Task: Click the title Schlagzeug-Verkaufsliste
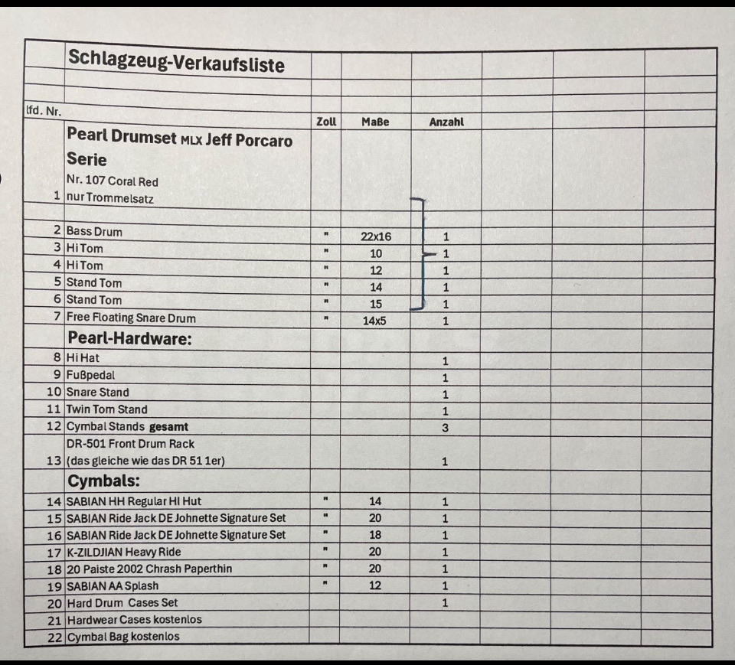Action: (x=175, y=60)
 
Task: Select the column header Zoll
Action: (x=326, y=122)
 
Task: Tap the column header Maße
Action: (x=375, y=122)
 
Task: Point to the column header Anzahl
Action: (x=446, y=122)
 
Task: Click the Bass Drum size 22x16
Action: (x=376, y=236)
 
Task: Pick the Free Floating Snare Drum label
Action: (x=131, y=318)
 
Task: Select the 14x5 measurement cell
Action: (x=374, y=321)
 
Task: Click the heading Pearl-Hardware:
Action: (x=129, y=338)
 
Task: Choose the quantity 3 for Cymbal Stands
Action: (x=446, y=428)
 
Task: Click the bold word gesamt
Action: (x=170, y=426)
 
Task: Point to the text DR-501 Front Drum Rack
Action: (x=130, y=444)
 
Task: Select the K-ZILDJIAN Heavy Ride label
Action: (x=123, y=552)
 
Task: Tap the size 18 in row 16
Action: (x=375, y=535)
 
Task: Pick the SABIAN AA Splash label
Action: (x=113, y=585)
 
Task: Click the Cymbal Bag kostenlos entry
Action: (x=123, y=637)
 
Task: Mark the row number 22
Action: (x=54, y=637)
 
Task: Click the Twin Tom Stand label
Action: (x=106, y=409)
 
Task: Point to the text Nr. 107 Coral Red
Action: (x=113, y=181)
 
